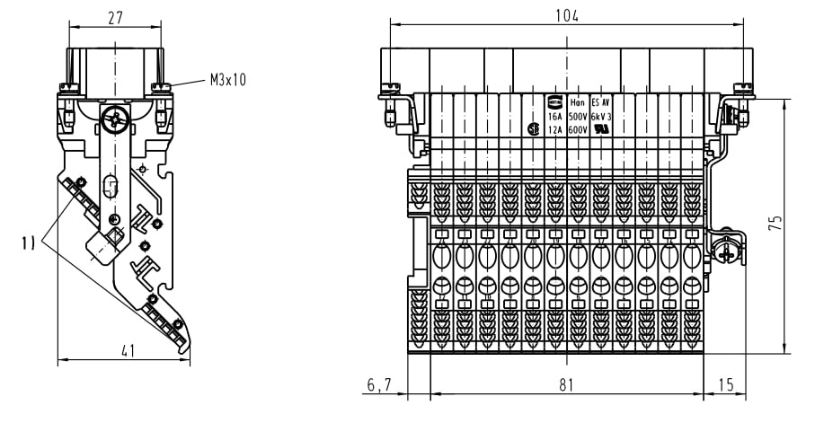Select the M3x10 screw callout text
tap(228, 80)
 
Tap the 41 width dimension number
tap(128, 351)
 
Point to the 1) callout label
tap(28, 242)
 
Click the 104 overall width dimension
tap(567, 15)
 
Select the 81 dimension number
tap(566, 384)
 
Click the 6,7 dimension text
tap(378, 384)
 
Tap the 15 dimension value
tap(726, 384)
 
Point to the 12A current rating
tap(555, 129)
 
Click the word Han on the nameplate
tap(578, 103)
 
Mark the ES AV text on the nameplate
tap(600, 103)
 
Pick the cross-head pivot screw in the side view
tap(113, 118)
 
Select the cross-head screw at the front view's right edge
tap(726, 253)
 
